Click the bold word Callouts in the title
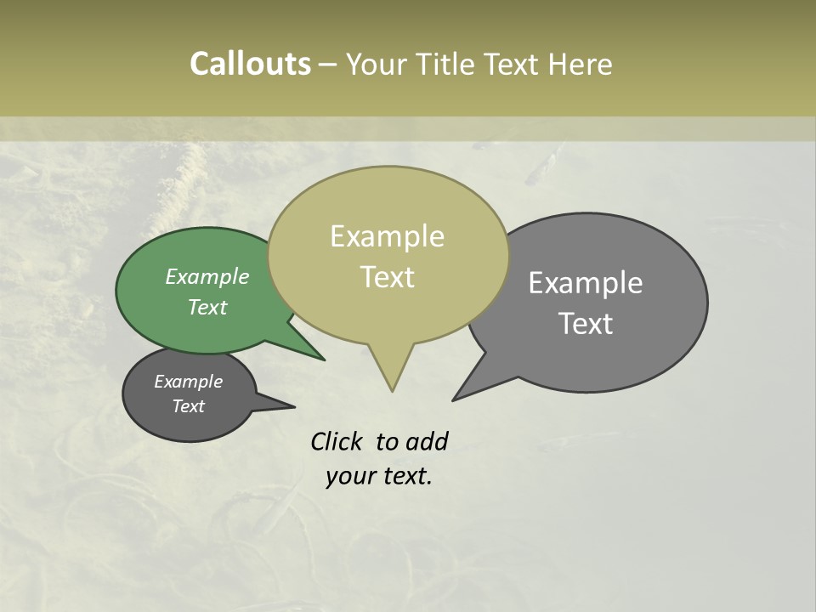250,64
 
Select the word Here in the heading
581,64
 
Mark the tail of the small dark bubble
289,406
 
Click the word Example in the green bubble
207,276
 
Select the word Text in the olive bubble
388,277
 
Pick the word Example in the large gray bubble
586,283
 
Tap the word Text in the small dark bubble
189,406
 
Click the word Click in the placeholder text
339,441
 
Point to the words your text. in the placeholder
379,476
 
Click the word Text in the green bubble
207,307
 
